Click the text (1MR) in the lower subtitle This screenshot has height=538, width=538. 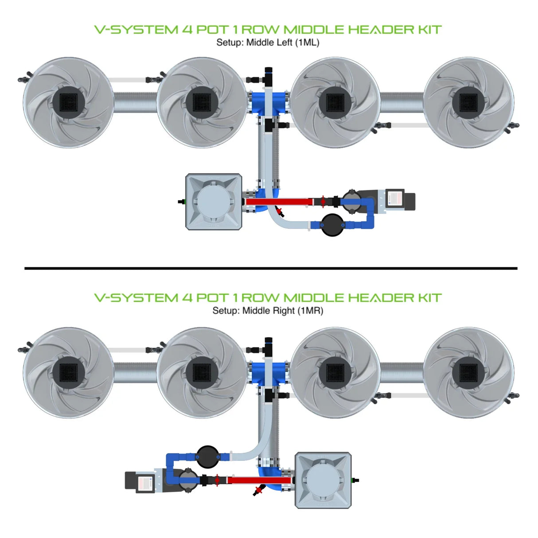pos(311,311)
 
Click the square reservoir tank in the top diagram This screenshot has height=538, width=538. pos(214,202)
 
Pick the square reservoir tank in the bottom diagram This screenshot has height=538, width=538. pos(323,480)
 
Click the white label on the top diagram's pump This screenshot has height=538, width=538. pos(394,199)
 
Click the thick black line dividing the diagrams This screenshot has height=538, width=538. pos(270,268)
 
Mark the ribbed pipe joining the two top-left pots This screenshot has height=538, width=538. pos(135,102)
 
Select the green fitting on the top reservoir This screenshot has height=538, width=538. pos(183,202)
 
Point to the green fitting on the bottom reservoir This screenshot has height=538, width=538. pos(354,480)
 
